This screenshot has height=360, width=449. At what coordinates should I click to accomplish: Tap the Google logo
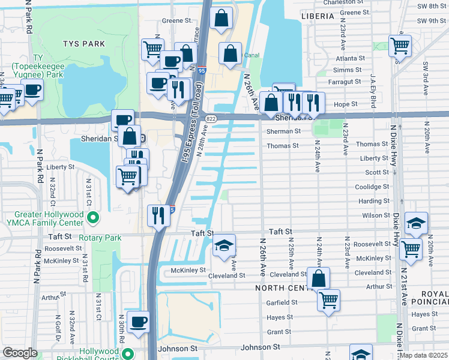(x=20, y=353)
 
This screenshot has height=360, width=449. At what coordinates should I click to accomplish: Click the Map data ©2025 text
(x=423, y=355)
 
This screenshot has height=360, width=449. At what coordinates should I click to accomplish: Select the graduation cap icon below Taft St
(x=224, y=245)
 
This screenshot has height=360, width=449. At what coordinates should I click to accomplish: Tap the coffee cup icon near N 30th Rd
(x=138, y=322)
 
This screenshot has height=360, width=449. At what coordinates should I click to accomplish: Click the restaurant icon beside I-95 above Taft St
(x=158, y=215)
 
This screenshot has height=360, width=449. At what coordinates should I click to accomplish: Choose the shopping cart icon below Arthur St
(x=328, y=300)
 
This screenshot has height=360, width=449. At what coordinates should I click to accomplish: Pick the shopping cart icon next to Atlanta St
(x=400, y=45)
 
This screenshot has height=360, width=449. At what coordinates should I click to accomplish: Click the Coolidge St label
(x=372, y=187)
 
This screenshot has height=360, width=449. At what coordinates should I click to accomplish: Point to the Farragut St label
(x=349, y=82)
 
